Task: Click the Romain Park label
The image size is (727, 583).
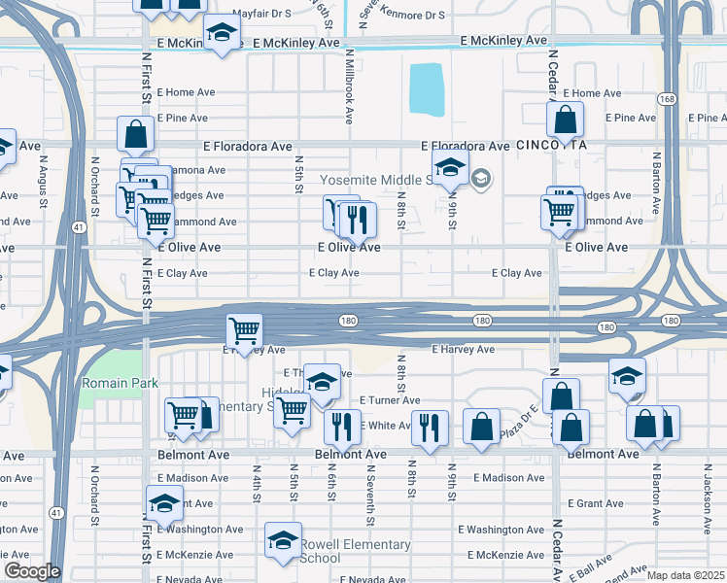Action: [x=120, y=384]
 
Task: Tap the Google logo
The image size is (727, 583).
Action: [x=31, y=571]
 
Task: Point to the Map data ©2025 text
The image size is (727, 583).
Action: [x=684, y=575]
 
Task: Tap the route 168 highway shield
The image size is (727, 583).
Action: [x=667, y=100]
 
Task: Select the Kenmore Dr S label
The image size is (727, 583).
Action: [x=414, y=16]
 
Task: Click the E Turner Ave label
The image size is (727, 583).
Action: [x=390, y=400]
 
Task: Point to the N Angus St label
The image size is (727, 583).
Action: [x=44, y=182]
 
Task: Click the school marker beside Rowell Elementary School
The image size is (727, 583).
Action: [x=283, y=540]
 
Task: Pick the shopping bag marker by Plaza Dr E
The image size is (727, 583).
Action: [x=481, y=426]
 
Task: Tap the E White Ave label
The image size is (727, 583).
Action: [x=388, y=426]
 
